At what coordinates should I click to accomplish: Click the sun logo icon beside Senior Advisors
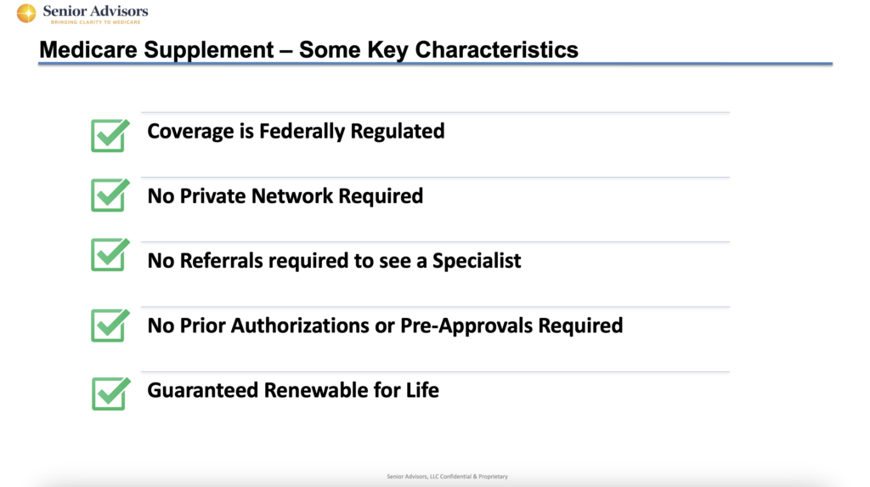point(26,13)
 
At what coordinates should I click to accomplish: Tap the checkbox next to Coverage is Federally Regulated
point(110,135)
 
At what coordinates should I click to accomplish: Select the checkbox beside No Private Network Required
point(110,195)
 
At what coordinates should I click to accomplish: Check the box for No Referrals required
point(110,254)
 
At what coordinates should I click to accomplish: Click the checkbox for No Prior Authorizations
point(110,325)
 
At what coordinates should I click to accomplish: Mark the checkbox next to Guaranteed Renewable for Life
point(111,394)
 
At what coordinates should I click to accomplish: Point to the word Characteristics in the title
point(496,49)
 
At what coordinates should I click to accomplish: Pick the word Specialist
point(477,261)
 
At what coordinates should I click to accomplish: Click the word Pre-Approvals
point(466,326)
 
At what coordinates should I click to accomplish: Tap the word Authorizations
point(300,326)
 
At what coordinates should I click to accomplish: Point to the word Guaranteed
point(202,390)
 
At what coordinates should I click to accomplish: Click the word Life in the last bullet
point(422,390)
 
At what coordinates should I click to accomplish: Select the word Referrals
point(222,260)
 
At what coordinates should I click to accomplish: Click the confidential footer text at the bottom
point(447,477)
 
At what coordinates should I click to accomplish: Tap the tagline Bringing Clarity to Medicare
point(95,22)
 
